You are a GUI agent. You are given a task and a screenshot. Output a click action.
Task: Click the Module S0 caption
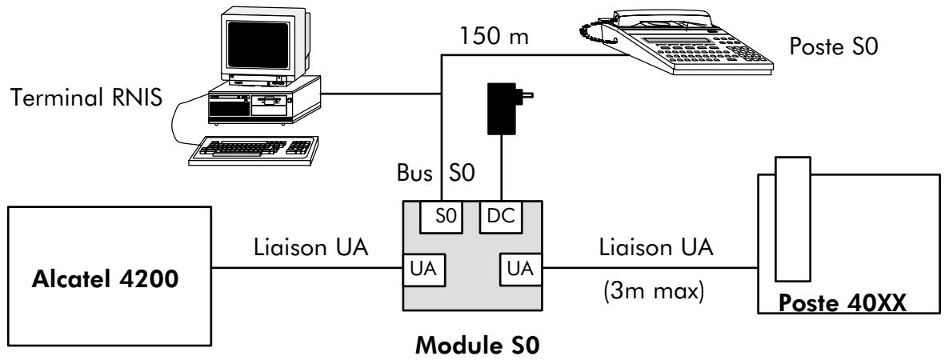tap(472, 345)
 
